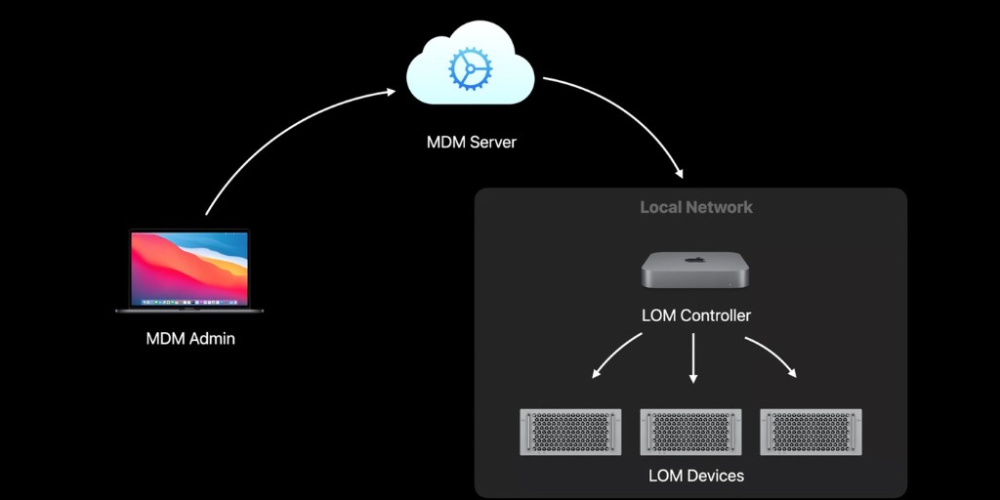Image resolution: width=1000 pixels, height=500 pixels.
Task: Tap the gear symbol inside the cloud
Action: [x=471, y=68]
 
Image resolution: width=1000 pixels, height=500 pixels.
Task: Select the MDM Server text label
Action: [x=471, y=143]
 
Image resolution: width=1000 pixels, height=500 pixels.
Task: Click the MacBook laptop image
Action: [x=189, y=271]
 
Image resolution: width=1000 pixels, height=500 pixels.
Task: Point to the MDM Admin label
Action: [x=190, y=340]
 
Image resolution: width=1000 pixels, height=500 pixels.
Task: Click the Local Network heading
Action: [x=695, y=207]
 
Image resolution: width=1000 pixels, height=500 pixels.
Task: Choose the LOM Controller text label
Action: [x=695, y=315]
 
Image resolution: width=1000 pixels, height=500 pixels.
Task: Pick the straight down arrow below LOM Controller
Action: [x=693, y=357]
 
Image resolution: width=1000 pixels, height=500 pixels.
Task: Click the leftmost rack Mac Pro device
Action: [x=572, y=432]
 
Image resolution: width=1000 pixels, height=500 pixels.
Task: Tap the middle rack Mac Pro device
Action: [x=692, y=432]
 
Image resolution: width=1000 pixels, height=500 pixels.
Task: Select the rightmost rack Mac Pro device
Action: [x=812, y=432]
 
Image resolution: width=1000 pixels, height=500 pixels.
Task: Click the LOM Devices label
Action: [x=695, y=476]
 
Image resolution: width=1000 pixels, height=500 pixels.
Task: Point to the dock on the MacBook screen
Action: [x=189, y=304]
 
